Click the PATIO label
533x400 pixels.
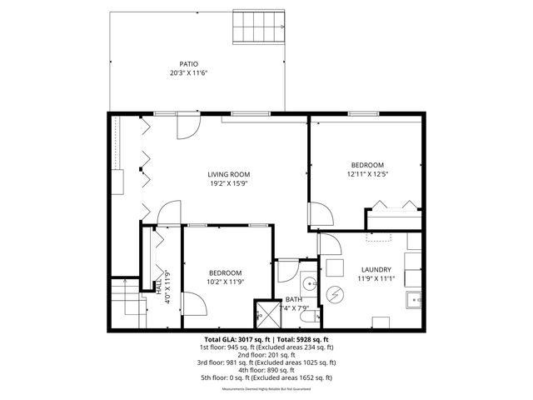[189, 64]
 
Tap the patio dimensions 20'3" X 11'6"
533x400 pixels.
[189, 73]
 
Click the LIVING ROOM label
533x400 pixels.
[229, 174]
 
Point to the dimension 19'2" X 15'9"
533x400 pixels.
[229, 183]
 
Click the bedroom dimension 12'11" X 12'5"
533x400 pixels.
[366, 173]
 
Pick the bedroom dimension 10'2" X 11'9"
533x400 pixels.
[225, 282]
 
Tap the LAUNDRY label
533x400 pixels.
[376, 269]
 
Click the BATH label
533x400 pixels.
[294, 299]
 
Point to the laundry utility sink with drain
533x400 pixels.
[414, 298]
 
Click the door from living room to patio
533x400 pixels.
[187, 127]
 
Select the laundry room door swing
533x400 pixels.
[326, 242]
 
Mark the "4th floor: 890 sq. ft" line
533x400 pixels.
[266, 370]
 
